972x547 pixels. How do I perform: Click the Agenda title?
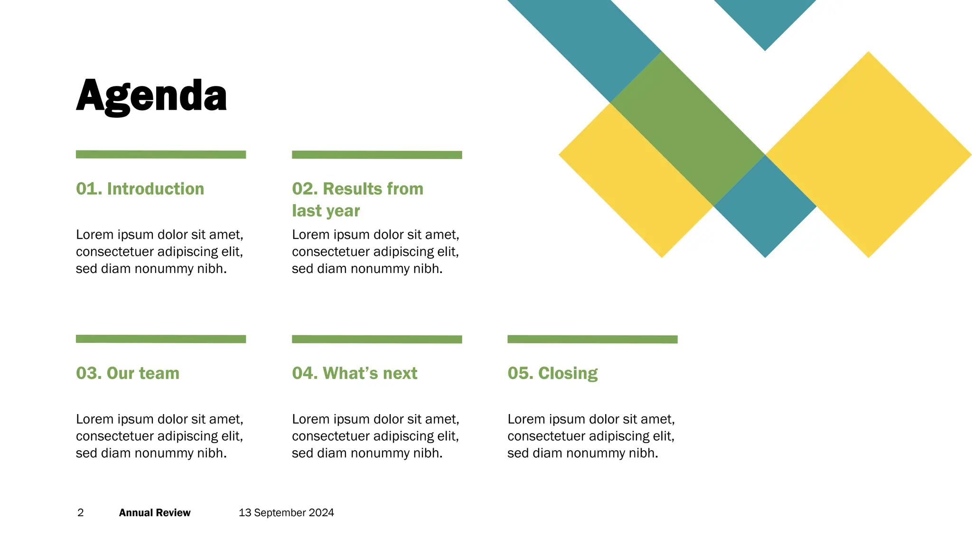[151, 96]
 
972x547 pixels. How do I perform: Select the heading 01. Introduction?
[140, 189]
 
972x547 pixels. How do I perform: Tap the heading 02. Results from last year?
[357, 199]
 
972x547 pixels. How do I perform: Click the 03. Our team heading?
[128, 373]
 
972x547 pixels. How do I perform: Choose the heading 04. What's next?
[355, 373]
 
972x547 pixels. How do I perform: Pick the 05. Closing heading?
[552, 373]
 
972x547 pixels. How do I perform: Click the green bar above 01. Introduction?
[161, 154]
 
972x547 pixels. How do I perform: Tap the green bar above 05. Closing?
[592, 339]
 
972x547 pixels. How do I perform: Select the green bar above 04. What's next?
[377, 339]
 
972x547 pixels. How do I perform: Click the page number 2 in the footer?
[81, 513]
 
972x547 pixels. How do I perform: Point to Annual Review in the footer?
[155, 513]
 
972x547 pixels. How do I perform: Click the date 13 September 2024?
[286, 513]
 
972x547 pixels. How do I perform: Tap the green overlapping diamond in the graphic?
[687, 128]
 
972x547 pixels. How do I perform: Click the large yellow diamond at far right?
[869, 155]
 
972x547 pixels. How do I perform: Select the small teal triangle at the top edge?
[765, 19]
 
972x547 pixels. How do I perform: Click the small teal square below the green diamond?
[765, 207]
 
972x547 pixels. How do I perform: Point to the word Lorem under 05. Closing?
[524, 419]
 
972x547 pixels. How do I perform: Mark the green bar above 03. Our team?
[161, 339]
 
